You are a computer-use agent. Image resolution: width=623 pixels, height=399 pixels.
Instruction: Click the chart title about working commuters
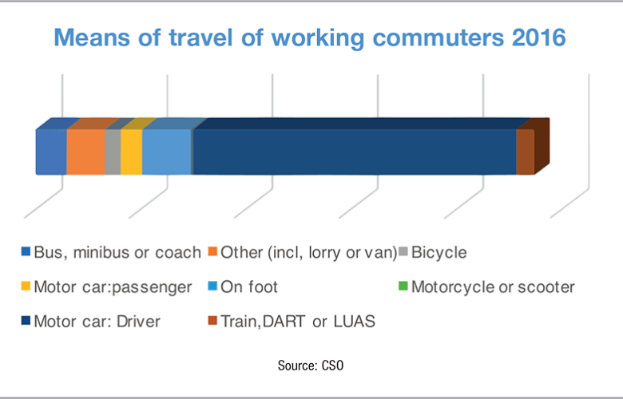click(311, 38)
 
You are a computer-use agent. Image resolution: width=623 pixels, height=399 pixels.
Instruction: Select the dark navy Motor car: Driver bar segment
click(354, 152)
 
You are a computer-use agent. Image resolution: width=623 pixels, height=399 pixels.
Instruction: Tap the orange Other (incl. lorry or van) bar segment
click(85, 152)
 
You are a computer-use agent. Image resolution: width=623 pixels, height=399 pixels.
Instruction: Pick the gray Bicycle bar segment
click(113, 152)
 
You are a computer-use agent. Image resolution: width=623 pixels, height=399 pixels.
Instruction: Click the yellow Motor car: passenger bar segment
click(131, 152)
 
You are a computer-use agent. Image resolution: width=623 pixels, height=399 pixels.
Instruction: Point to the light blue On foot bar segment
click(167, 152)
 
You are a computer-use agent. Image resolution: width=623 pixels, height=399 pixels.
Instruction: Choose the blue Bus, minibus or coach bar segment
click(50, 152)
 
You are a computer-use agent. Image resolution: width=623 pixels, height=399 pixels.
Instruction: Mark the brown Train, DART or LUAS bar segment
click(525, 152)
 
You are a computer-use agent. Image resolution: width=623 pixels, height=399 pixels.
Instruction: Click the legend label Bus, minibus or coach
click(117, 253)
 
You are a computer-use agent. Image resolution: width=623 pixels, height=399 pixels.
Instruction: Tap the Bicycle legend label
click(438, 253)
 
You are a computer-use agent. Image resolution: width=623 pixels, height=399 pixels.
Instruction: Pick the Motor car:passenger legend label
click(113, 286)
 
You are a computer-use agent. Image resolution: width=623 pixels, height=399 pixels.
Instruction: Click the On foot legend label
click(248, 286)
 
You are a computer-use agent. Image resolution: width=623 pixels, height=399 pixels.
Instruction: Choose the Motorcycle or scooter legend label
click(492, 286)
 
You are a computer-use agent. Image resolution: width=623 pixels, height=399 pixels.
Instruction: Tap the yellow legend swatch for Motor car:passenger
click(25, 287)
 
